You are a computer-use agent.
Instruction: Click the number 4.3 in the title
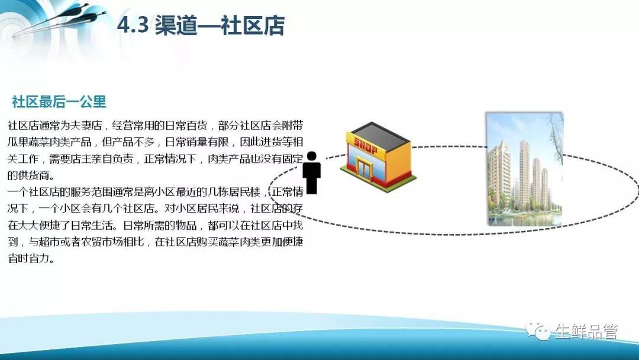133,25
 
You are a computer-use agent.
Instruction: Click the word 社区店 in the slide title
253,25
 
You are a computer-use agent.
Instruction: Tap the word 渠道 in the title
175,25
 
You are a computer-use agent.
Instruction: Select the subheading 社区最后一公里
59,101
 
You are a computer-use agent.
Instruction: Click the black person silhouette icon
312,172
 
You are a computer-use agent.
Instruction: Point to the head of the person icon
312,156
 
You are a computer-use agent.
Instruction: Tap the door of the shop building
363,168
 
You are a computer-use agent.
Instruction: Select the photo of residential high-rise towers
524,169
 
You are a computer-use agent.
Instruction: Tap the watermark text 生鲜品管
586,332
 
